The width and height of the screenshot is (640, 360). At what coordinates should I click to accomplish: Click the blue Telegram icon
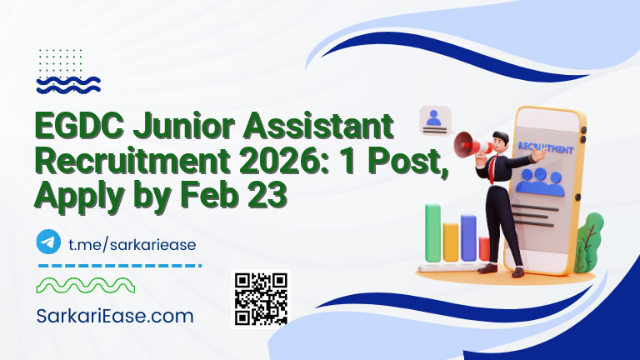click(x=49, y=242)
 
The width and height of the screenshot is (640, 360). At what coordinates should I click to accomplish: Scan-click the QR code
click(x=261, y=298)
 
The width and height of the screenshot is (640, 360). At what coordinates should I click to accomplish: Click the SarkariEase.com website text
click(x=115, y=317)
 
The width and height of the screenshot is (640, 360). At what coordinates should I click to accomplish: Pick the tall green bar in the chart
click(x=432, y=232)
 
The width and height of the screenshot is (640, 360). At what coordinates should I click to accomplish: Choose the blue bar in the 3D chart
click(x=468, y=237)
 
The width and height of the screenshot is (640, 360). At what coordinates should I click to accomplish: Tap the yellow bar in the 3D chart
click(x=451, y=242)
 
